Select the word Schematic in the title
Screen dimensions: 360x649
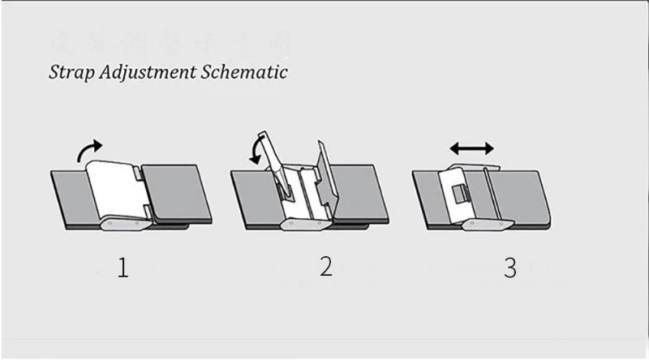click(x=244, y=71)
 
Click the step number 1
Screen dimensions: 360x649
click(x=122, y=268)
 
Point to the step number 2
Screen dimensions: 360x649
click(x=325, y=266)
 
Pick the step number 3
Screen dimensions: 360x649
click(x=509, y=268)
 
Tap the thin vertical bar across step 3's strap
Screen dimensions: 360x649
click(x=485, y=195)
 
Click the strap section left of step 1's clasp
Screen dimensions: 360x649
click(x=68, y=195)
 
